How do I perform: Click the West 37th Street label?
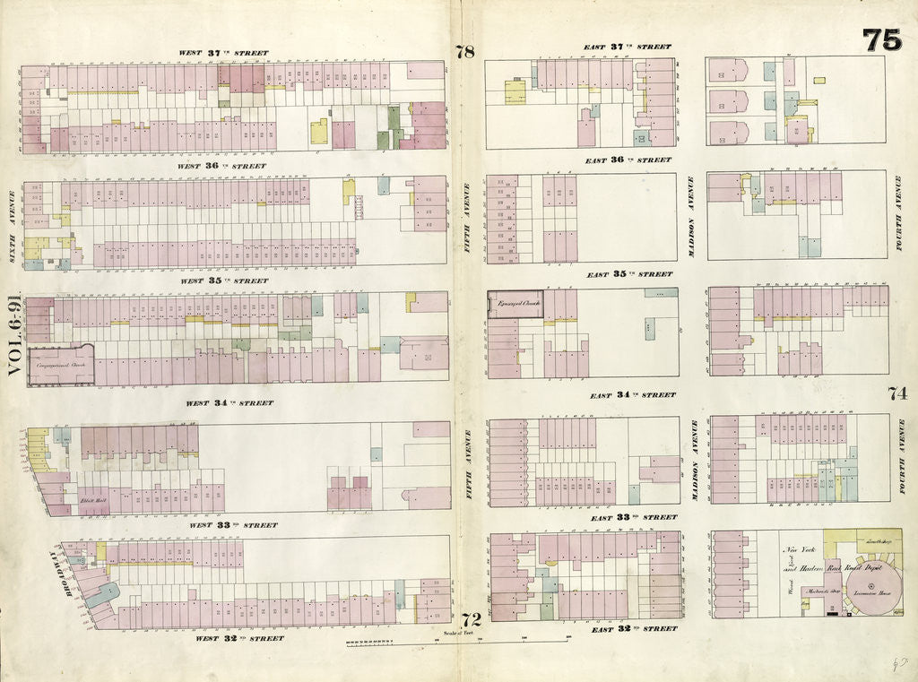[223, 53]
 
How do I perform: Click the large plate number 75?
[881, 40]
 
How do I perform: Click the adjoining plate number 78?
[464, 52]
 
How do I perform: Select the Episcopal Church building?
[515, 304]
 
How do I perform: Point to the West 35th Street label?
[224, 281]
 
